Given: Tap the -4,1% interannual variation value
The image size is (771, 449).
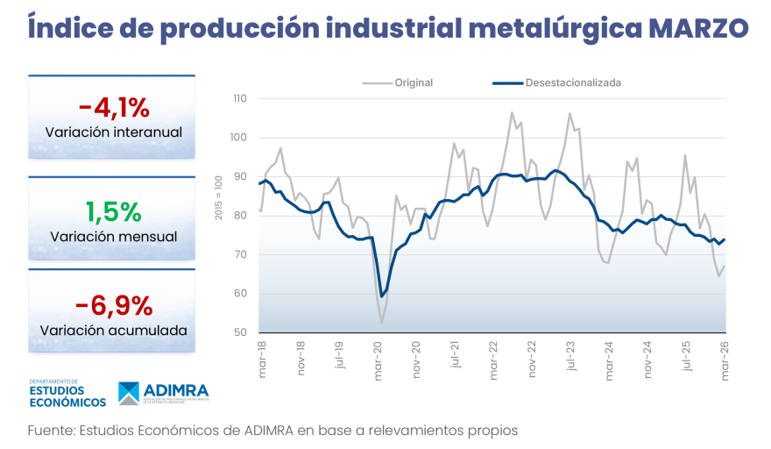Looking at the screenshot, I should click(x=114, y=108).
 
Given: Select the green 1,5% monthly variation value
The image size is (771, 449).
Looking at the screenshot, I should click(x=113, y=212).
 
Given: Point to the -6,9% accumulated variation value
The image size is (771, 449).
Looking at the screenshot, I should click(x=114, y=306).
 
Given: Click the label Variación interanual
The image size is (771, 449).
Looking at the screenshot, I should click(x=114, y=132).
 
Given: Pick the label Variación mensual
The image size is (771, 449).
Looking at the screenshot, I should click(x=114, y=237).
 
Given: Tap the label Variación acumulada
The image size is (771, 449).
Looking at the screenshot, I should click(x=114, y=331).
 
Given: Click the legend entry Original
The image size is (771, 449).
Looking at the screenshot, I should click(x=413, y=82).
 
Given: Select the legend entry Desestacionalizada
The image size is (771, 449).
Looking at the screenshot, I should click(x=573, y=82).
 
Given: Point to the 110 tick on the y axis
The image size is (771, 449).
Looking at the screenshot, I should click(x=240, y=99).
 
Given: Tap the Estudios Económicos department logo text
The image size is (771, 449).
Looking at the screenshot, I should click(x=67, y=396).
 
